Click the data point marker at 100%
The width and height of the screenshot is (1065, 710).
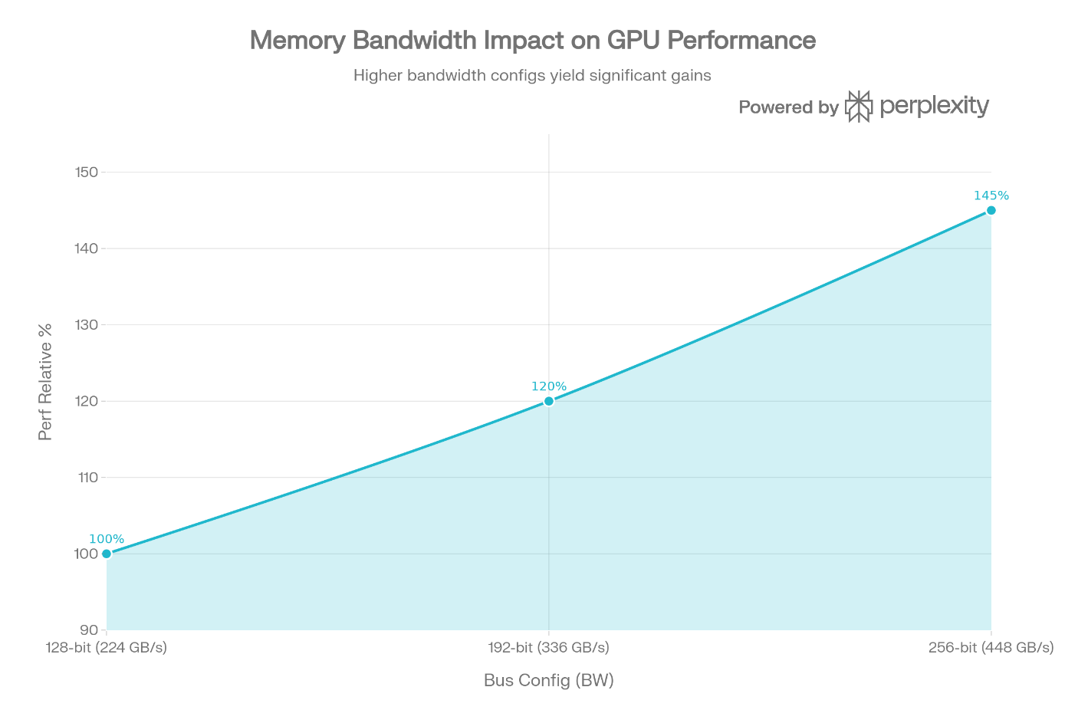(107, 554)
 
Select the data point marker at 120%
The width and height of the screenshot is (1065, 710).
(549, 401)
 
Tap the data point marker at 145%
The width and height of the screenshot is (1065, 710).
(991, 211)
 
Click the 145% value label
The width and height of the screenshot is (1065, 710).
(991, 196)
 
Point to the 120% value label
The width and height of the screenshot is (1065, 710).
(549, 386)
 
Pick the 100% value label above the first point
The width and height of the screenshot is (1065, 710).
(107, 539)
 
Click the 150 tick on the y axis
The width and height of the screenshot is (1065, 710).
(87, 173)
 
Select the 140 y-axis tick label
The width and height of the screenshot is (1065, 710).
(87, 248)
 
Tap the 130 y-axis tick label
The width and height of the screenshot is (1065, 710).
(87, 325)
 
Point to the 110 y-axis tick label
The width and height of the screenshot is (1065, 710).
(88, 478)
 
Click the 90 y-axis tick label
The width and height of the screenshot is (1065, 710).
(89, 630)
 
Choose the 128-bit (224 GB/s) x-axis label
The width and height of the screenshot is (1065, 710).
(106, 648)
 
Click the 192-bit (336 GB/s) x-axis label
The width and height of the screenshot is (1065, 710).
(549, 648)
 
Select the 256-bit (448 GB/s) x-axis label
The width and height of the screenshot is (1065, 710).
(991, 648)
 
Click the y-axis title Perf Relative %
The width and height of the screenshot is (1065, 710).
(44, 383)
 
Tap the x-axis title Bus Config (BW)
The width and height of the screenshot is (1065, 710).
(549, 681)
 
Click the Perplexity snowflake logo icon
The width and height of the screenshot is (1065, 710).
(859, 107)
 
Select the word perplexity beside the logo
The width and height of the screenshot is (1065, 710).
(934, 107)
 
